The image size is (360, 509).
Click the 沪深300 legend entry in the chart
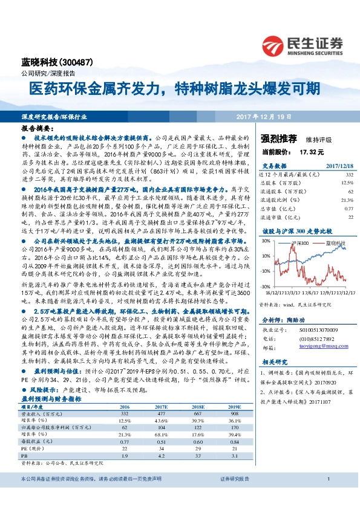(300, 243)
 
